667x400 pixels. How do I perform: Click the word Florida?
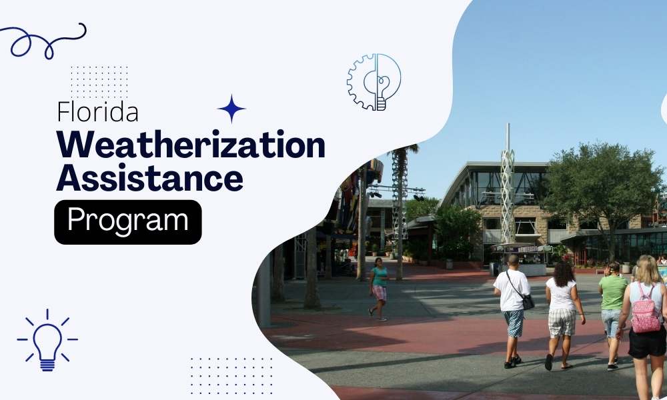click(98, 111)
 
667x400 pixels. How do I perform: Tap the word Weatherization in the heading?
click(191, 146)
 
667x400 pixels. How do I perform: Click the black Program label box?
click(127, 221)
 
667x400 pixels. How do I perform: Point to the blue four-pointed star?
click(231, 109)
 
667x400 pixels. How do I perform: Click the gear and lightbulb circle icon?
click(374, 82)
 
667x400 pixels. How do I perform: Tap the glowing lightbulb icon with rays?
click(47, 339)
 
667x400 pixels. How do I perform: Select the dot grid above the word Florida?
click(99, 81)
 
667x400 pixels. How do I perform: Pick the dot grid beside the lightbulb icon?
click(231, 375)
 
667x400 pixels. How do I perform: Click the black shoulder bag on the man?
click(528, 301)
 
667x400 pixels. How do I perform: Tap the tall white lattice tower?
click(508, 193)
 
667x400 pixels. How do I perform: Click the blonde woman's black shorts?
click(646, 341)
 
